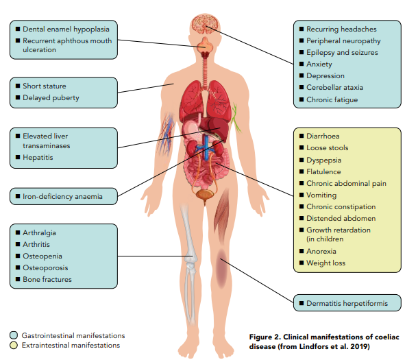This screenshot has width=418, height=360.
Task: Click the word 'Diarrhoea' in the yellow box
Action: tap(324, 136)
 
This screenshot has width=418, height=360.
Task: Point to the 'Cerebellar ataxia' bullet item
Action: tap(334, 88)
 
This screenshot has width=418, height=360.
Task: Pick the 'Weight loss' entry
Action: tap(325, 263)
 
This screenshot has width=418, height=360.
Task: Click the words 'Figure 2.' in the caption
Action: tap(267, 337)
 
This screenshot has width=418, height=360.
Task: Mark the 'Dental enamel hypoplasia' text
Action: tap(66, 29)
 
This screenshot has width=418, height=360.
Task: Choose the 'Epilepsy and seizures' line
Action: tap(341, 53)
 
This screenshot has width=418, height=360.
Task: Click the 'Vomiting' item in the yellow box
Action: tap(321, 195)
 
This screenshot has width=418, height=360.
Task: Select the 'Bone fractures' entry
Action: tap(47, 279)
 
